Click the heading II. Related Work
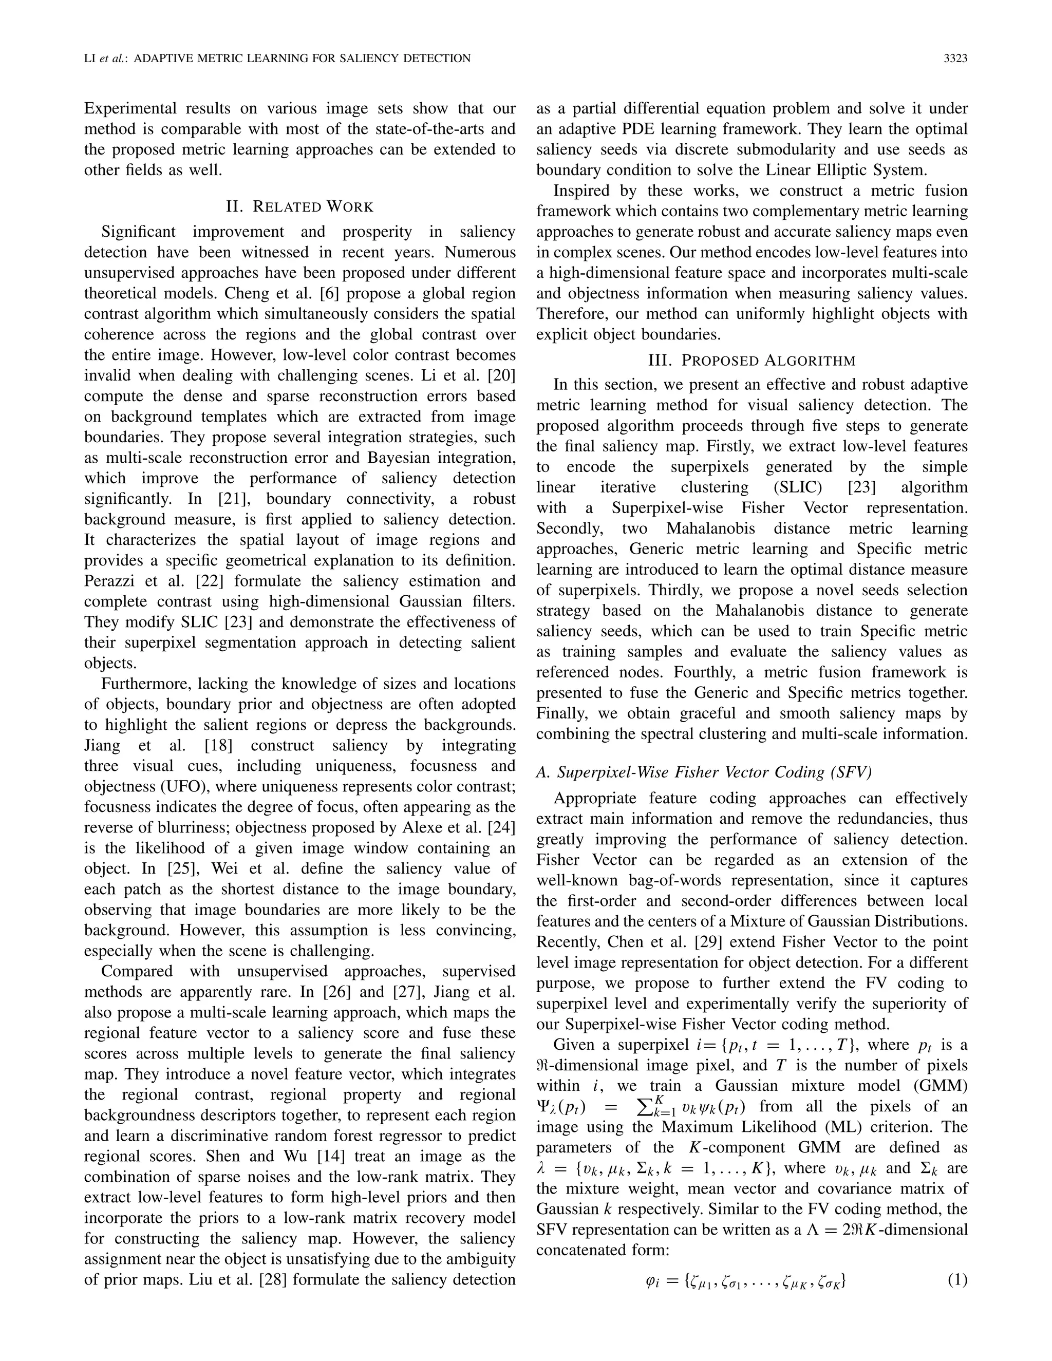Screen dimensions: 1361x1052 300,206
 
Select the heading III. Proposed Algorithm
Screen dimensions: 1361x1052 752,360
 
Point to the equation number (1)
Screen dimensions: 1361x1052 957,1280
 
